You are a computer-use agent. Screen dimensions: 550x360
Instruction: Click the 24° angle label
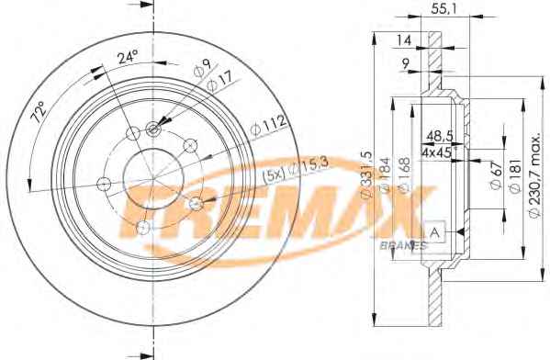(128, 57)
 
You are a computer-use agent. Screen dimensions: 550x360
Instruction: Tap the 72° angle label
(39, 112)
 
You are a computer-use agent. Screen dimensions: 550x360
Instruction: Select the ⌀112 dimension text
(269, 125)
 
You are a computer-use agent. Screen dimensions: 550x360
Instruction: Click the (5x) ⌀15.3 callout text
(296, 169)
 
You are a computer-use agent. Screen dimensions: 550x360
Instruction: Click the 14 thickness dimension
(403, 40)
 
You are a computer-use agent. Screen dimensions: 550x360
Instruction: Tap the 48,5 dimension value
(439, 135)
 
